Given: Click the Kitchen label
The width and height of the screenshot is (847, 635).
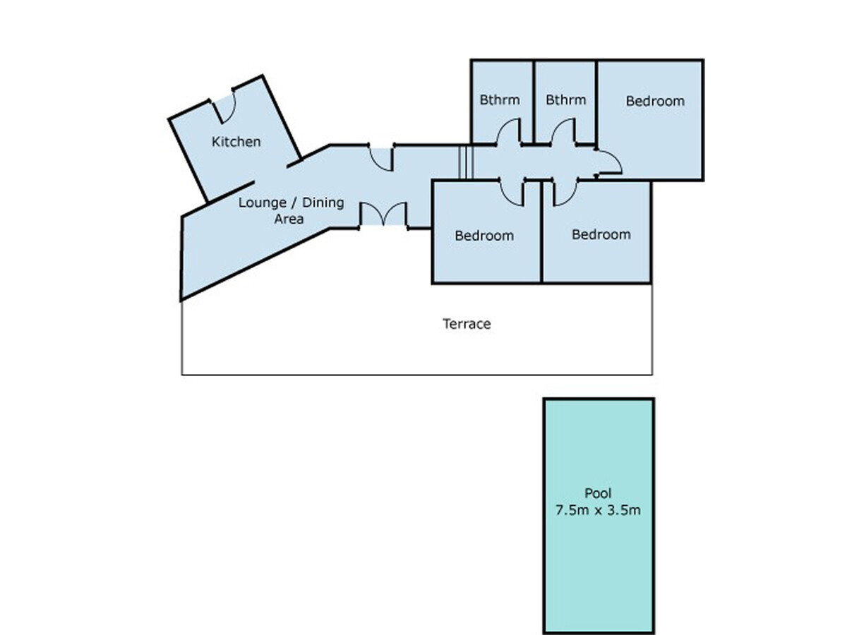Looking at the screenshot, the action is pos(236,142).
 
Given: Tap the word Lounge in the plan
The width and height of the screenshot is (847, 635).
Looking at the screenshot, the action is pos(263,203).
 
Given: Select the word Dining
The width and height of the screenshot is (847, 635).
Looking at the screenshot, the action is pos(323,203).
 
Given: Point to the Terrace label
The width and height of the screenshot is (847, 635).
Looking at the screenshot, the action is pos(467,324).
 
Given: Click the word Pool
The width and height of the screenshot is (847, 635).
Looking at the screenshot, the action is pos(598,493).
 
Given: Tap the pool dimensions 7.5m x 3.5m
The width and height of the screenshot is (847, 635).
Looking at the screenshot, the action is pos(598,510).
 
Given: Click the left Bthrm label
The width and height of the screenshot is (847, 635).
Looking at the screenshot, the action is pos(499,100).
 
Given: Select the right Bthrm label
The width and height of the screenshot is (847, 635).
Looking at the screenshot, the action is pos(565,100).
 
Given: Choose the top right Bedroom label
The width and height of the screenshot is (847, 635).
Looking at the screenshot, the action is pos(655,101).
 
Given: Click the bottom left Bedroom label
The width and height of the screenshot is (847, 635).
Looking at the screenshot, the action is pos(484,236).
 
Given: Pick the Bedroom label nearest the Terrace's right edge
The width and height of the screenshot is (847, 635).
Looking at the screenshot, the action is pos(601,234).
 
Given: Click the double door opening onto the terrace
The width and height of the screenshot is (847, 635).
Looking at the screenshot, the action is pos(383,214).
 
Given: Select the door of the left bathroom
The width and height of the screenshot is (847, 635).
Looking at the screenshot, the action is pos(508,132).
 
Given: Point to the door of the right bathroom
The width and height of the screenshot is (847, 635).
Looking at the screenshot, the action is pos(563,132).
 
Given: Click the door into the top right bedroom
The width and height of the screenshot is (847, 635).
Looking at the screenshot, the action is pos(609,162).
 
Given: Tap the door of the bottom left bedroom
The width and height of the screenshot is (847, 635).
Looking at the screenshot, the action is pos(512,192).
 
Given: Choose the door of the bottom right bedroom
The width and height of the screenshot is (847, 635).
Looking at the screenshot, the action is pos(565,192).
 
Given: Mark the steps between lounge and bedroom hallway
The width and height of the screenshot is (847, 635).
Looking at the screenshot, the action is pos(466,162).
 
